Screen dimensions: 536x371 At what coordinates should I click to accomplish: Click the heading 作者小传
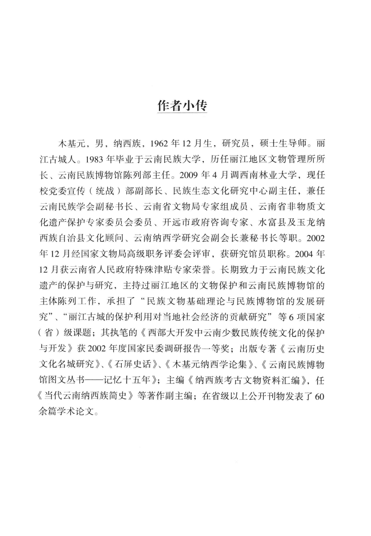tap(182, 106)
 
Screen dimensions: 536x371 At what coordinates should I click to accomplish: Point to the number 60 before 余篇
tap(319, 396)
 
